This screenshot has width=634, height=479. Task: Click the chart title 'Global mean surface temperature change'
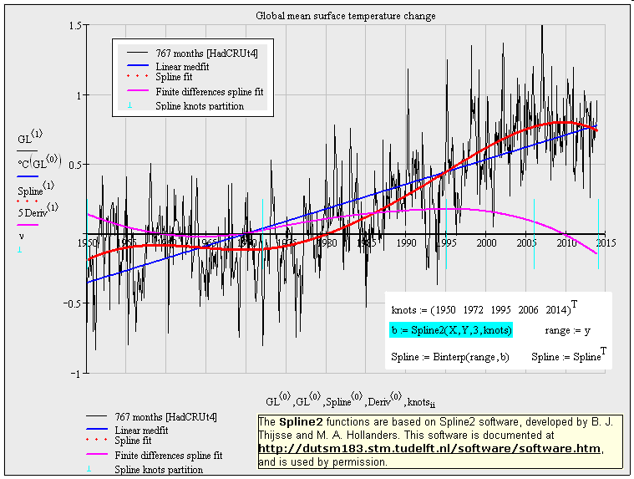(345, 16)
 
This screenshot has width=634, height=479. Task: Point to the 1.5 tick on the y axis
(74, 27)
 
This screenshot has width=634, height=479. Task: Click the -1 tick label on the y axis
(75, 373)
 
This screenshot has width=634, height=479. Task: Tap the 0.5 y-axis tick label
(74, 165)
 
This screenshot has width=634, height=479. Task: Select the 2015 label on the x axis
(607, 243)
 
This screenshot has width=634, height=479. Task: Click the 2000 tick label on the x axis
(486, 243)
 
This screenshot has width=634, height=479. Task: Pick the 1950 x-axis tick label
(89, 243)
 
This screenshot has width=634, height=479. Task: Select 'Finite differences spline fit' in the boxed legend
(209, 91)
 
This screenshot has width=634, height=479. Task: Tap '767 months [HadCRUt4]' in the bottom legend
(166, 416)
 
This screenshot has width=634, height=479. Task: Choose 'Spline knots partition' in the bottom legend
(159, 470)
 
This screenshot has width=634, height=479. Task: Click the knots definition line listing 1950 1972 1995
(484, 308)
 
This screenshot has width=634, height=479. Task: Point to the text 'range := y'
(568, 331)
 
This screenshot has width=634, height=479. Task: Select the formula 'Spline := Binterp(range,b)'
(450, 357)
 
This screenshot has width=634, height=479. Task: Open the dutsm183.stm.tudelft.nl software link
(429, 449)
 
